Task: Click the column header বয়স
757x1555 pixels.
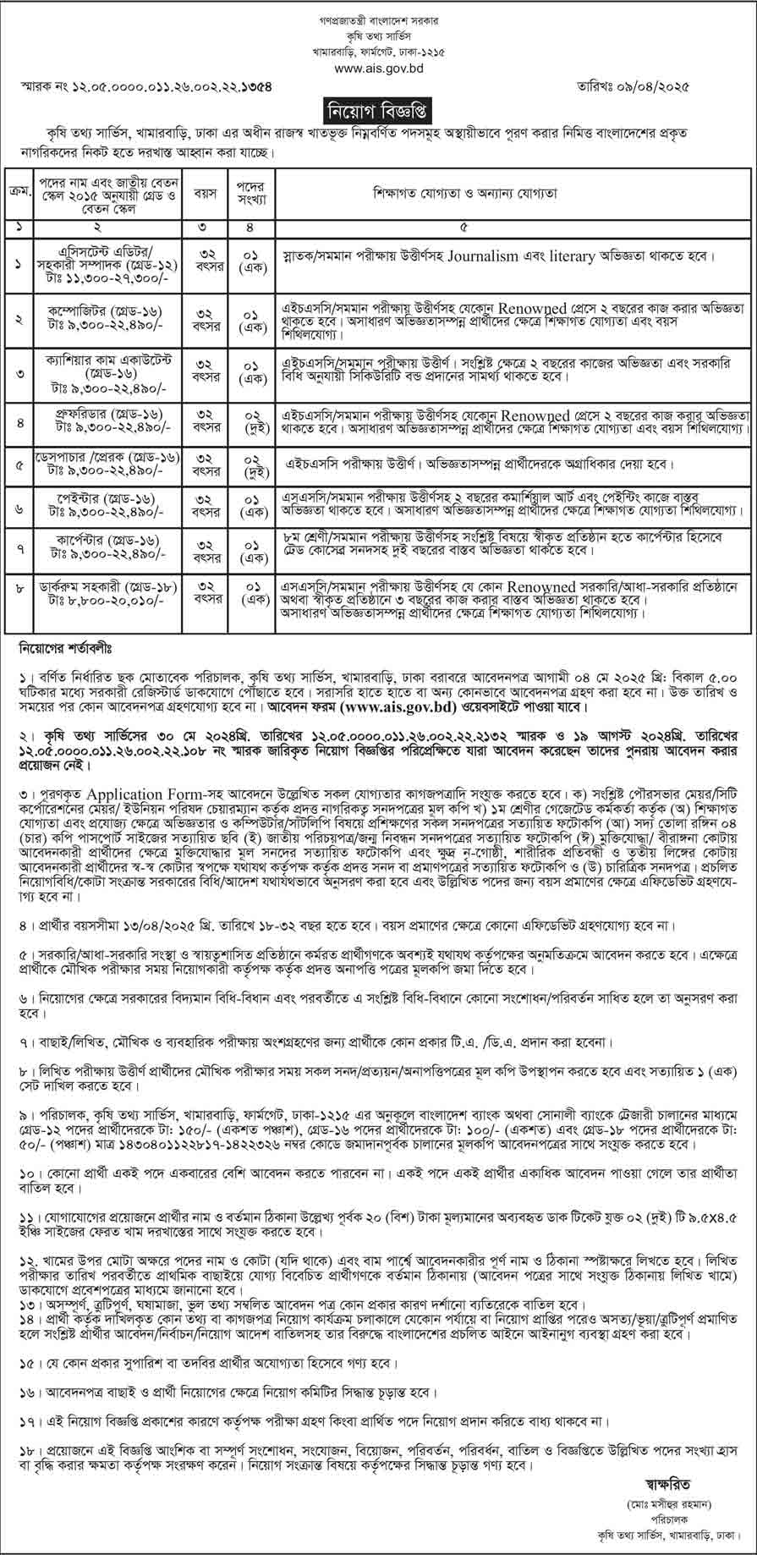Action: tap(206, 193)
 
